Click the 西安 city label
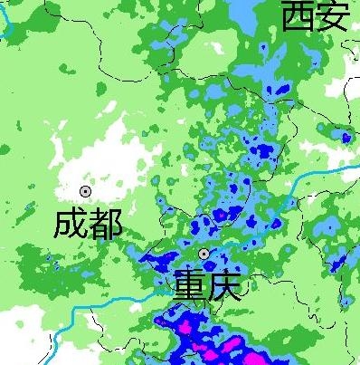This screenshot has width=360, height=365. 314,16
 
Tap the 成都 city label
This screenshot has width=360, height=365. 87,223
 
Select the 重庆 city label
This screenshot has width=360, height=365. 208,284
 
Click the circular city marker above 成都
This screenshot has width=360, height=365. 85,191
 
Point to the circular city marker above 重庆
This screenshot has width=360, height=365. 204,255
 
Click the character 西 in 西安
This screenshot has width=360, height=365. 297,16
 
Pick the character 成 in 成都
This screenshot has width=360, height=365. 70,223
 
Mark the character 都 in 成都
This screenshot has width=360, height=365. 105,223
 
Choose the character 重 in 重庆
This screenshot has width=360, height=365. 191,284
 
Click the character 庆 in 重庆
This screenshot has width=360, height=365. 226,284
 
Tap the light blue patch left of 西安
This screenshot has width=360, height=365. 242,14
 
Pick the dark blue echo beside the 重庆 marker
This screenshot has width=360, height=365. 222,216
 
